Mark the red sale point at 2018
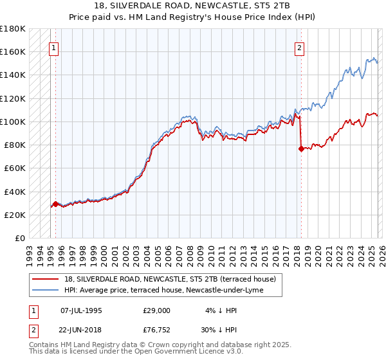[301, 148]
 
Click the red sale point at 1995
[55, 204]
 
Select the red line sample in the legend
[45, 279]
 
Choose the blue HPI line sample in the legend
[45, 291]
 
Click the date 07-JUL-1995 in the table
[81, 310]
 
